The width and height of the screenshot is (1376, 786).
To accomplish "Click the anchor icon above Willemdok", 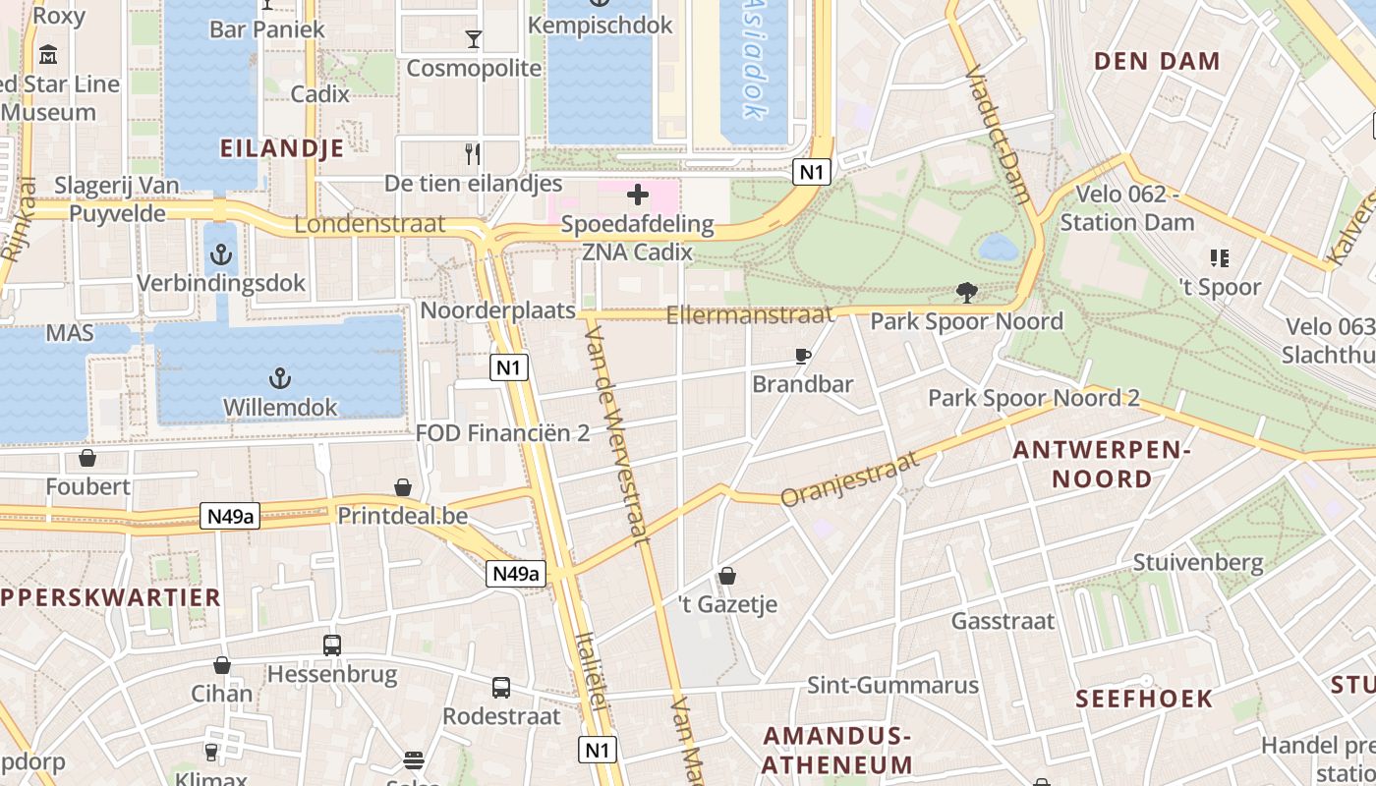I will (280, 378).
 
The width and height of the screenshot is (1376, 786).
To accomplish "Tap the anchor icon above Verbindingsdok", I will (222, 255).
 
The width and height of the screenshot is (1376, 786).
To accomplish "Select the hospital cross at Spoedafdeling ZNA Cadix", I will (638, 195).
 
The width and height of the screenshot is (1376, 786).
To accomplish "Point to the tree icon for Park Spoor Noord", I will (967, 292).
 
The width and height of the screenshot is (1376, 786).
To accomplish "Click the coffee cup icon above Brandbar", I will (803, 356).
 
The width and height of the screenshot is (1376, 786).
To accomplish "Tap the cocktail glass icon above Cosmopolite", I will (474, 39).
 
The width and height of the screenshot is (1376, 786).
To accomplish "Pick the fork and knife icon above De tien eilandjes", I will (473, 154).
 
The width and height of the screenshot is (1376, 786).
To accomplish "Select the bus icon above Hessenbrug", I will (332, 646).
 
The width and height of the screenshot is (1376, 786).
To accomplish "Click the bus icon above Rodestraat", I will (501, 688).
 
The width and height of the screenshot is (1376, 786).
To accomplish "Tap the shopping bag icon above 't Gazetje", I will (727, 576).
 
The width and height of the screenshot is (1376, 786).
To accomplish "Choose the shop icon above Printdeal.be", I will (403, 487).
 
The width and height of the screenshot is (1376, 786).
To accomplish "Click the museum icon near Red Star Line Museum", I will (47, 55).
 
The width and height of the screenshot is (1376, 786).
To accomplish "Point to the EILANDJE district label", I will (282, 148).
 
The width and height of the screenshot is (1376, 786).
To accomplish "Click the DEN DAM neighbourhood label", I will (1157, 61).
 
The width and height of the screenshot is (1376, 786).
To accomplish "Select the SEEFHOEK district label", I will (1144, 699).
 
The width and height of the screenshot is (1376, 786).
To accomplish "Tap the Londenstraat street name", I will (370, 224).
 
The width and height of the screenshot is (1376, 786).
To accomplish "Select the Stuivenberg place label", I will (1197, 563).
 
